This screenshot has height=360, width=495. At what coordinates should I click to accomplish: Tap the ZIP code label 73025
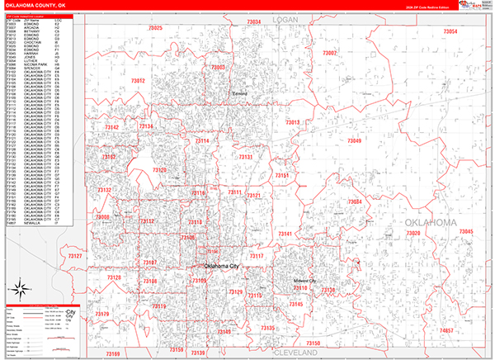coord(154,29)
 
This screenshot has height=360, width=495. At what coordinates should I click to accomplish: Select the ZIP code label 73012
coord(138,80)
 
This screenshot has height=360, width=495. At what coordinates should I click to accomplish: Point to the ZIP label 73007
coord(329,53)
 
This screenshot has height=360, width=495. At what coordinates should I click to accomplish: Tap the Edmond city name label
coord(238,94)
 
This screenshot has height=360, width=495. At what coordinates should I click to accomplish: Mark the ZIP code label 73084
coord(355,202)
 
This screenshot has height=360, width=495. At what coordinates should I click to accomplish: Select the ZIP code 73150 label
coord(313,343)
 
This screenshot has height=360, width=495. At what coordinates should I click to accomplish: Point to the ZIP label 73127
coord(75,257)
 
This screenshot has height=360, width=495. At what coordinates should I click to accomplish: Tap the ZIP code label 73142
coord(112,127)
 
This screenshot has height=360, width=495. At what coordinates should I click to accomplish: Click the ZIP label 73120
coord(160,170)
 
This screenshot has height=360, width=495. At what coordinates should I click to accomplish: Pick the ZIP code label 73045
coord(466,232)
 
